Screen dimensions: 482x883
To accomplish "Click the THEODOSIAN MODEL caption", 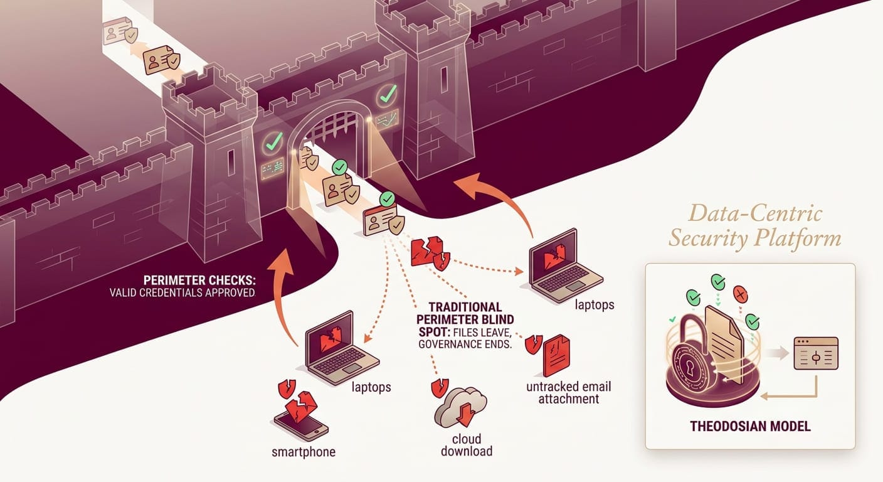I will [x=750, y=427].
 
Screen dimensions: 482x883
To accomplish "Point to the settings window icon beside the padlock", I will [x=815, y=353].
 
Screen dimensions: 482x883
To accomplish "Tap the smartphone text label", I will [x=303, y=452].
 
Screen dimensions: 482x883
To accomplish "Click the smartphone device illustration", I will [x=300, y=422].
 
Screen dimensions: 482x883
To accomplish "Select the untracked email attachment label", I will [x=569, y=393].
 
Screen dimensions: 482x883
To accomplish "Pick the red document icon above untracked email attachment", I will [x=556, y=355].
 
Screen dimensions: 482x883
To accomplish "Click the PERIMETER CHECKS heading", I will [x=196, y=279].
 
